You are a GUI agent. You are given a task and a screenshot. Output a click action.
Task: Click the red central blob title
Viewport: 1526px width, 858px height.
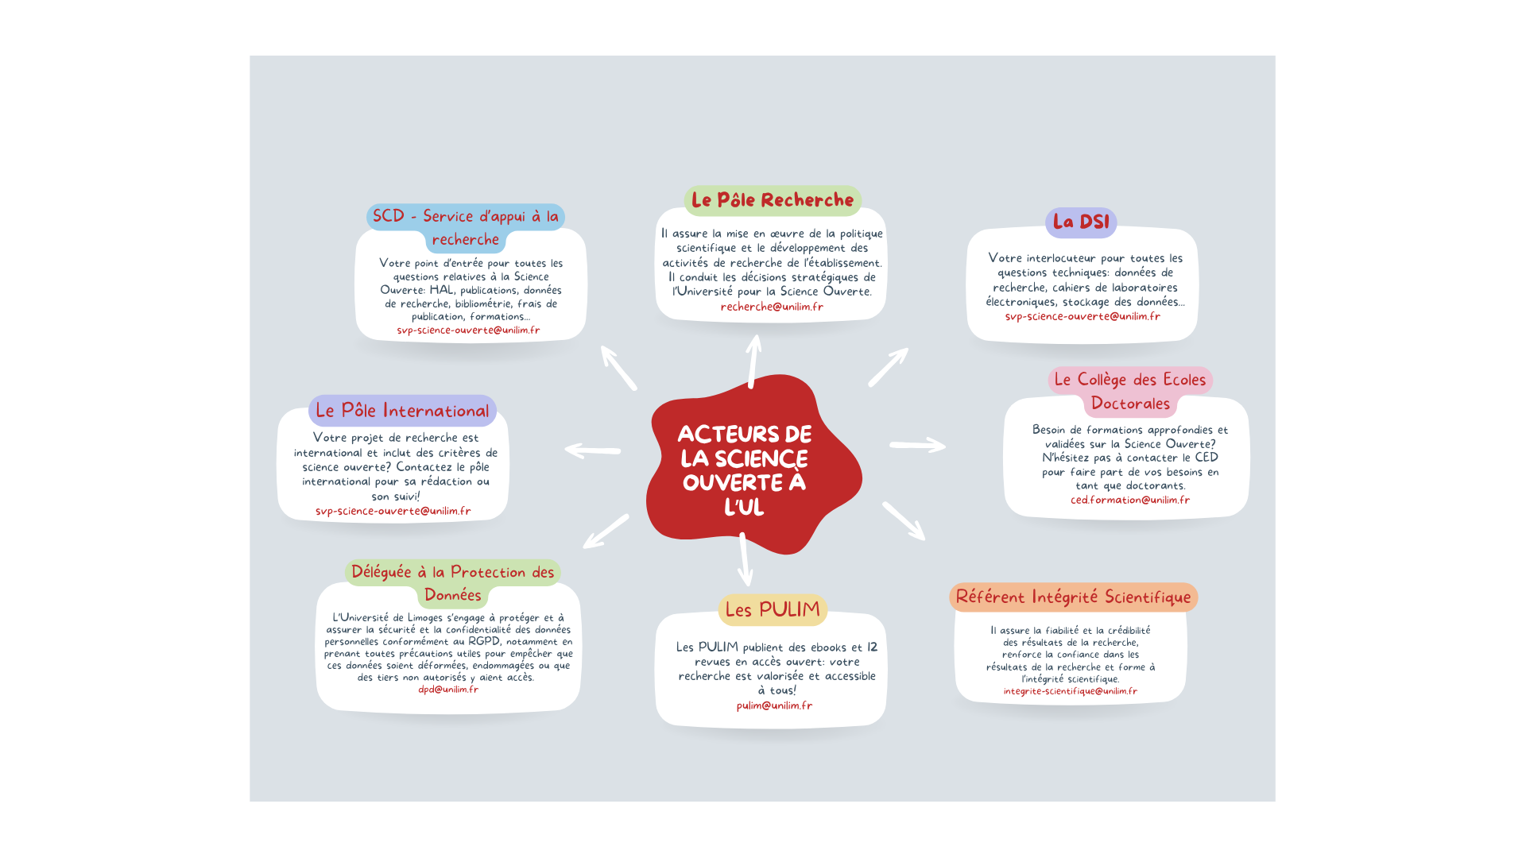click(x=745, y=470)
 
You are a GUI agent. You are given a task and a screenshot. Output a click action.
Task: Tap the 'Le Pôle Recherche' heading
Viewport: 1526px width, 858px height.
click(x=773, y=200)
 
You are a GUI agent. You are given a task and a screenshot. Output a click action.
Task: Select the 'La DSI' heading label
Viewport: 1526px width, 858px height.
click(x=1081, y=222)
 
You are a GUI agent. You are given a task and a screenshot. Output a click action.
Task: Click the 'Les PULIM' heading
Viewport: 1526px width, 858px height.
click(x=773, y=609)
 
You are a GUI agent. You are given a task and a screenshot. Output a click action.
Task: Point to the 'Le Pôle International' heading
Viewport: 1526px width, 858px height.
click(x=402, y=410)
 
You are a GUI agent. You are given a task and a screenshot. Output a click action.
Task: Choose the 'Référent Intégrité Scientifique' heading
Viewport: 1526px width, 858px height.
click(x=1073, y=597)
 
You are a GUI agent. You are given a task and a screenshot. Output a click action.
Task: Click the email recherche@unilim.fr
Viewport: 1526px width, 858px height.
click(x=772, y=307)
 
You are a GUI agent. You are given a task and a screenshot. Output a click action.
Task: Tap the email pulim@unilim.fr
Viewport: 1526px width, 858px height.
click(x=774, y=705)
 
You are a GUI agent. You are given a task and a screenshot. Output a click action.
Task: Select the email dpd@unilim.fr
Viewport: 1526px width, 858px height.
click(x=448, y=690)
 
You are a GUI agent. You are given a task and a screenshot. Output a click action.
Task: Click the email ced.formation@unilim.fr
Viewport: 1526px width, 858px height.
click(x=1130, y=500)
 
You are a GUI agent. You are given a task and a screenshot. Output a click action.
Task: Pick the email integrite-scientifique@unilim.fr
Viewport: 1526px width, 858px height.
click(x=1070, y=691)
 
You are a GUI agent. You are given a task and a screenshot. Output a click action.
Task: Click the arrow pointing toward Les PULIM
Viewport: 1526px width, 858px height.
click(x=745, y=559)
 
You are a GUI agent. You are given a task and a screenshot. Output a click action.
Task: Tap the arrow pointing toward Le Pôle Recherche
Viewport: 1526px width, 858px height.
click(x=753, y=361)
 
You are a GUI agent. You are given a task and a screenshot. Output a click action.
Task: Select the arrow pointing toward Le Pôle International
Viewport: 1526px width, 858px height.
click(x=593, y=450)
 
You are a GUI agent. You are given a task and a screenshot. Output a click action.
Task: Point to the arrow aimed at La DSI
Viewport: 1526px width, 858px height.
click(x=889, y=367)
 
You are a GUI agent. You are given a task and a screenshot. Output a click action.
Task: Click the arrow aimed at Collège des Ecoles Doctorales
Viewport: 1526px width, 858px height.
click(x=918, y=446)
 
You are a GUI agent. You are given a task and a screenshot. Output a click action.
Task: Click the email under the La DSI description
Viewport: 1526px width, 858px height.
click(x=1083, y=316)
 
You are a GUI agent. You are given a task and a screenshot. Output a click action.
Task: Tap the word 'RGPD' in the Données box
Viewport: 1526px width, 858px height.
click(x=484, y=641)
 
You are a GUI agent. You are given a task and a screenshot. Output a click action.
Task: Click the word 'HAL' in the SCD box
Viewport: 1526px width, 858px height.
click(x=443, y=290)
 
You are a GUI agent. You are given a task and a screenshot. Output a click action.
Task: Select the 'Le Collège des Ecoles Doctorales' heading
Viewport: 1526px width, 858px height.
click(x=1130, y=392)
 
